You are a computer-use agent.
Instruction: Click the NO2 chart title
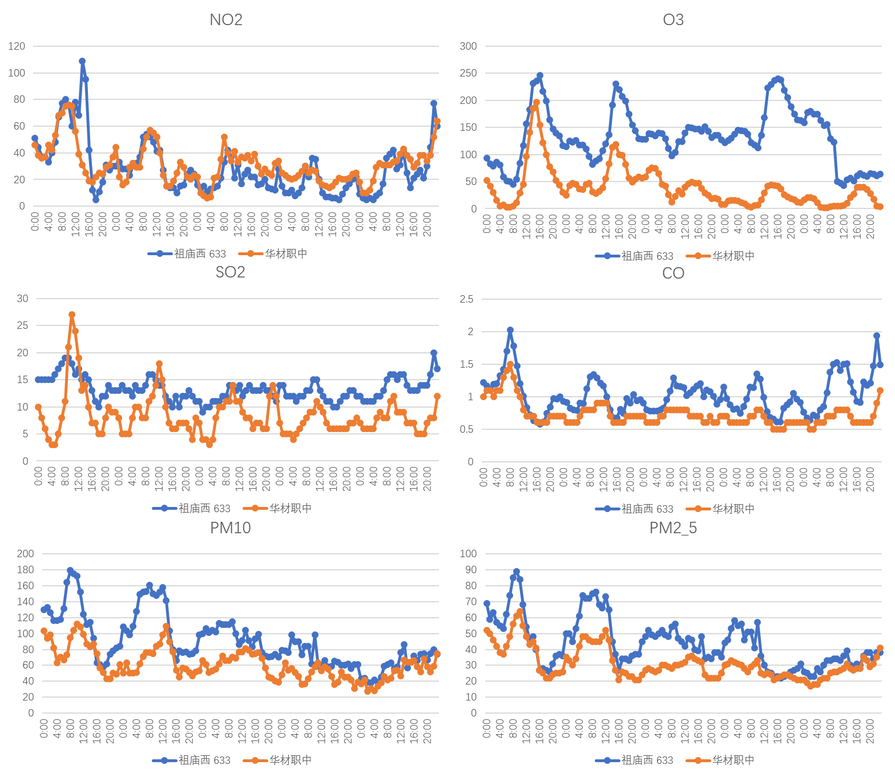(x=226, y=20)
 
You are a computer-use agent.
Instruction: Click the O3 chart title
(x=673, y=20)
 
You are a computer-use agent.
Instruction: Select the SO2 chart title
(x=230, y=272)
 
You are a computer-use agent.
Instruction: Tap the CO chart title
(x=673, y=273)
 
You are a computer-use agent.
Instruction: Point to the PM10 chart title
(x=230, y=528)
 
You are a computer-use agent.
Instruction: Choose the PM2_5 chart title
(x=673, y=528)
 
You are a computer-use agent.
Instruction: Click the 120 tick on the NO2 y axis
(x=17, y=46)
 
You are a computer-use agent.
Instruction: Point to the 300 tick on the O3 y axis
(x=468, y=46)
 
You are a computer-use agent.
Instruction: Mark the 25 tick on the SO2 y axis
(x=22, y=325)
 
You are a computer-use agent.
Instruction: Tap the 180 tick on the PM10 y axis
(x=26, y=570)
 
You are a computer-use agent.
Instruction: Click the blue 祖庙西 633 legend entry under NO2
(x=187, y=254)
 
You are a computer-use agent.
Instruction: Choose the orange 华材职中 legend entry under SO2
(x=278, y=508)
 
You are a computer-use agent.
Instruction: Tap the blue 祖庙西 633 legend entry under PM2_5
(x=634, y=760)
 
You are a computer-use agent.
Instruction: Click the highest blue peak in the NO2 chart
(x=82, y=61)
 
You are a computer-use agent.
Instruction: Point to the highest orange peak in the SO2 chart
(x=72, y=315)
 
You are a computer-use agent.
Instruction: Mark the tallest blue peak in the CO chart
(x=510, y=330)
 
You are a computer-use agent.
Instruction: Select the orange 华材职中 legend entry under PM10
(x=278, y=760)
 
